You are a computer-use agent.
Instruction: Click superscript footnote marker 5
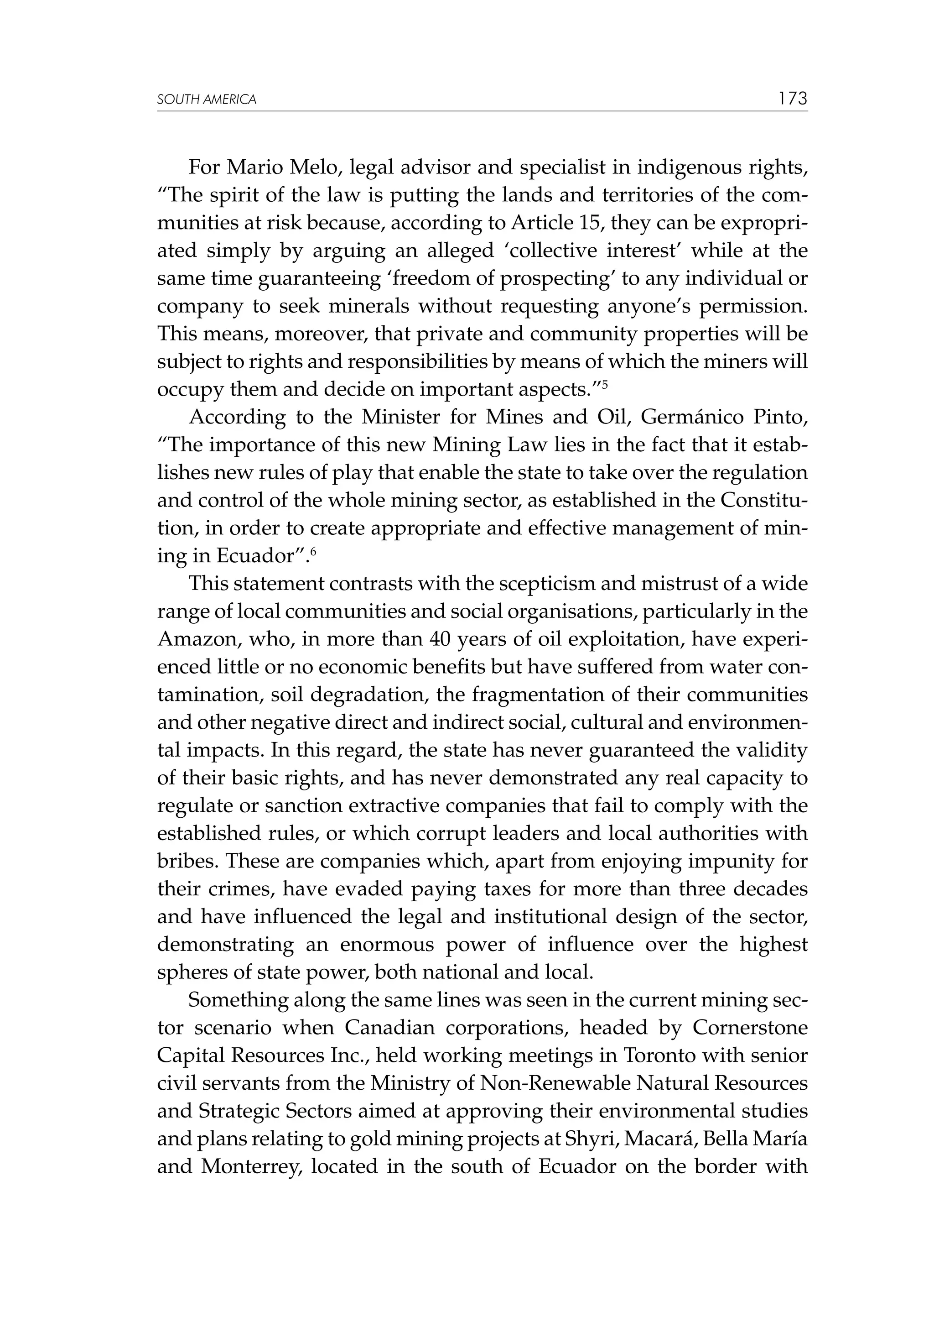click(x=605, y=382)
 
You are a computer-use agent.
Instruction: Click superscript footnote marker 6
click(x=314, y=549)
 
